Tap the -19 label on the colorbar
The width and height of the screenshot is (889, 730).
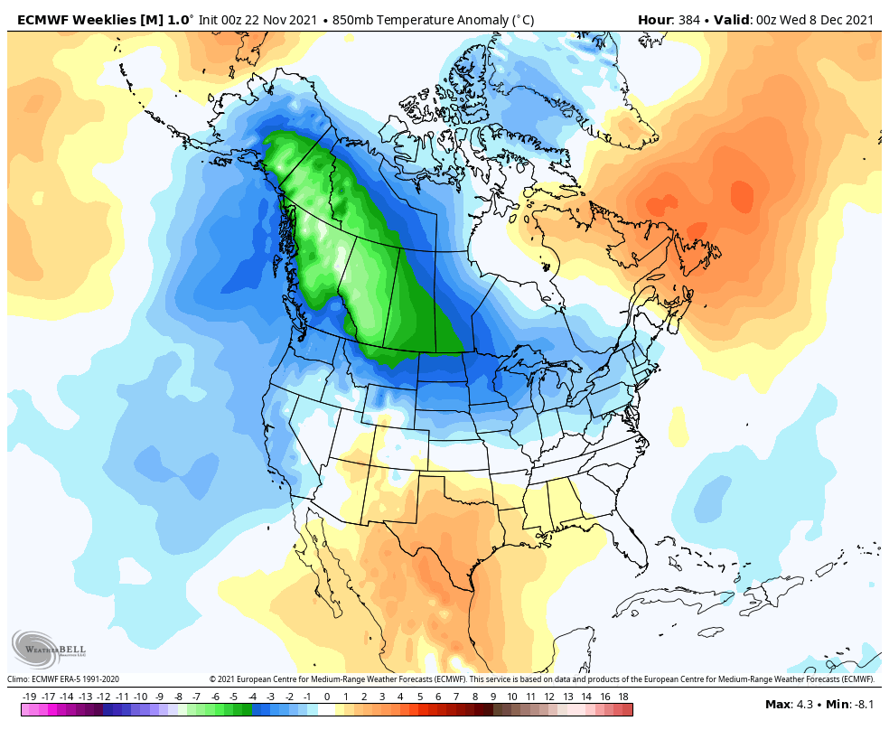29,697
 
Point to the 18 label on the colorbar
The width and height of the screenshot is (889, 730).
623,697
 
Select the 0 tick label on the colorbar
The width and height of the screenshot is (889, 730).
326,697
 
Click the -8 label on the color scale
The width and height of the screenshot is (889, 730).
178,697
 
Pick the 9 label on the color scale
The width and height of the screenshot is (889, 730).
493,697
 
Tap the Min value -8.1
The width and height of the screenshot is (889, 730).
862,705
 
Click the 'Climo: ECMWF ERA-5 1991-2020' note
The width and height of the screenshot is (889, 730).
63,679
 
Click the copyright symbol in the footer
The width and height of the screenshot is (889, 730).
212,679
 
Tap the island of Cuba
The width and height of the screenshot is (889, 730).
687,599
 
